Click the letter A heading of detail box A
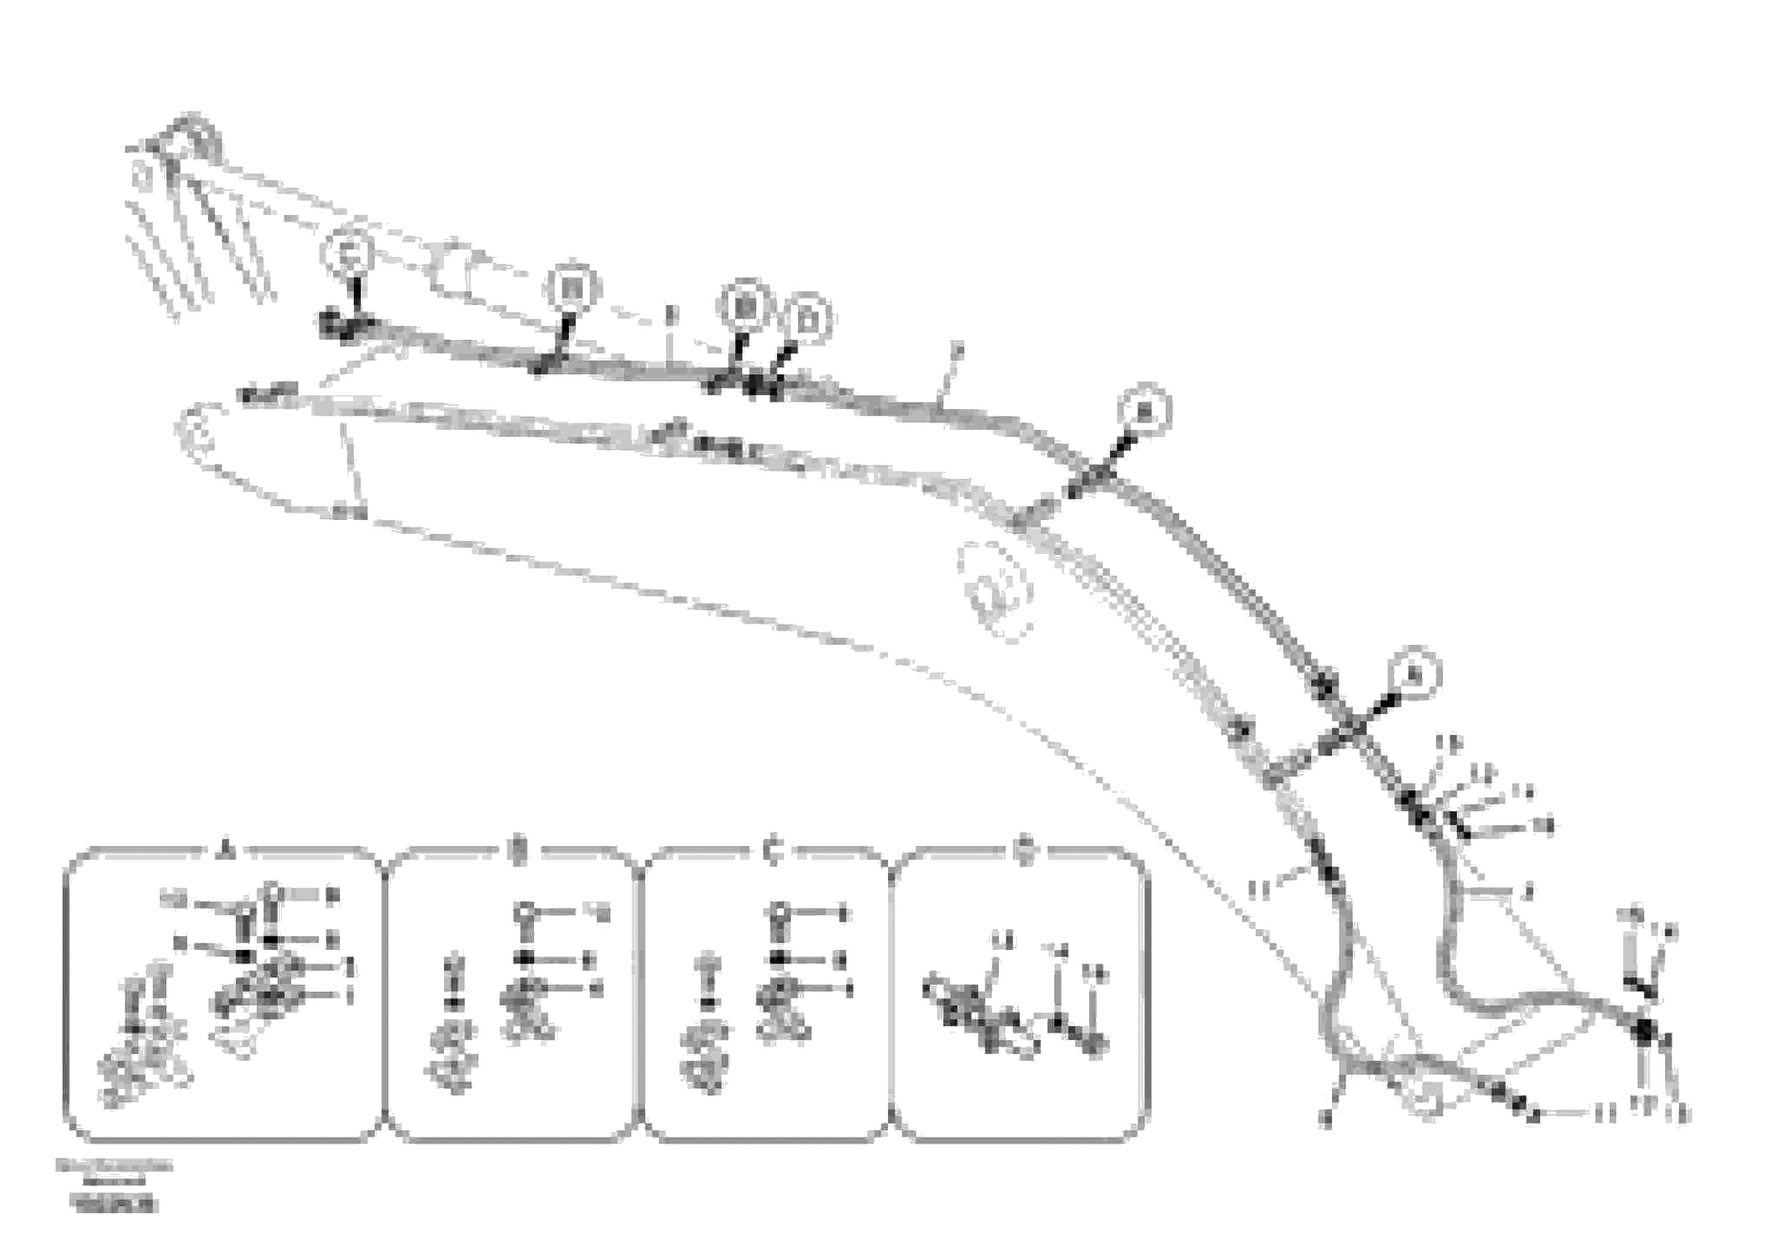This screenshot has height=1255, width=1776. (226, 851)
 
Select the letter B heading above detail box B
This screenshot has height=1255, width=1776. (518, 851)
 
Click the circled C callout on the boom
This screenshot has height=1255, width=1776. (346, 251)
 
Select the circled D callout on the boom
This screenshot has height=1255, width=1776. (806, 318)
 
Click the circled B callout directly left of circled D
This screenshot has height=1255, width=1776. (746, 306)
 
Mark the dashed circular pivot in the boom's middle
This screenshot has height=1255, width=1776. (995, 589)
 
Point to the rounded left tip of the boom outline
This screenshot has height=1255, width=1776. (195, 429)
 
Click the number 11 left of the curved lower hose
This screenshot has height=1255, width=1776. (1259, 891)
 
